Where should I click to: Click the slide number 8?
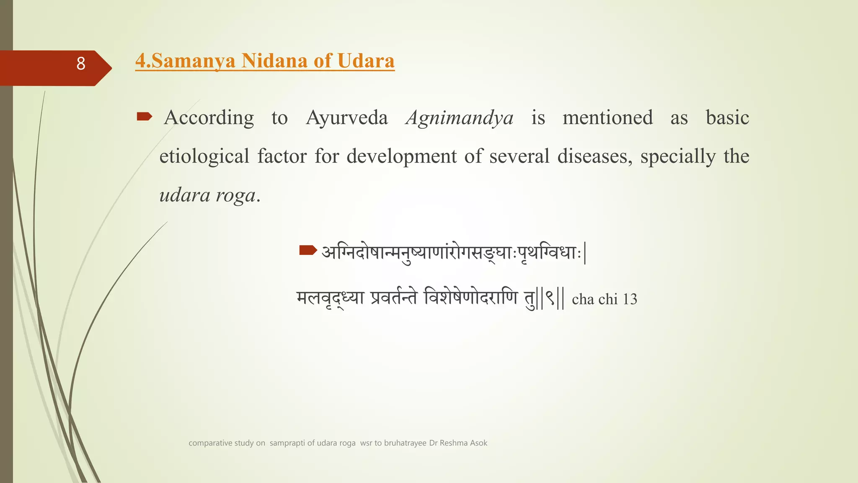click(81, 64)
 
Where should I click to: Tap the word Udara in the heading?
click(366, 61)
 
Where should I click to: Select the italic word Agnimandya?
click(460, 118)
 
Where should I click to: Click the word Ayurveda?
click(347, 118)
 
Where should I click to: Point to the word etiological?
click(204, 156)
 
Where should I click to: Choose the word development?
click(401, 156)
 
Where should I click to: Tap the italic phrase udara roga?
click(208, 195)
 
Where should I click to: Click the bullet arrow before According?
click(145, 117)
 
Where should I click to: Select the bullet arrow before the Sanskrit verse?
click(308, 251)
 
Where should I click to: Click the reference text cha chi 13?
click(604, 299)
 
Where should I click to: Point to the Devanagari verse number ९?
click(550, 299)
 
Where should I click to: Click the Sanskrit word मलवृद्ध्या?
click(330, 299)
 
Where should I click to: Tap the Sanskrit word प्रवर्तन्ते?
click(394, 299)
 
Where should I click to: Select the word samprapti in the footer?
click(287, 443)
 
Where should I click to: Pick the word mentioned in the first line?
click(607, 118)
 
